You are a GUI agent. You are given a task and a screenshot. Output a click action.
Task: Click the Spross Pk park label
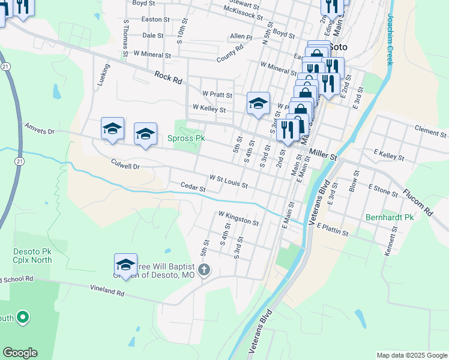186,138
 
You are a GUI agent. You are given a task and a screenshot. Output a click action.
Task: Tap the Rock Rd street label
167,77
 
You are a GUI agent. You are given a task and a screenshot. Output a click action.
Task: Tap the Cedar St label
193,188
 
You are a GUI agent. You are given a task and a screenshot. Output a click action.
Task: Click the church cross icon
204,269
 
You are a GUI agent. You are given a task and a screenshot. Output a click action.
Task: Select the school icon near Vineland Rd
125,264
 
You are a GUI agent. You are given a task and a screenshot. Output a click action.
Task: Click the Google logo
20,353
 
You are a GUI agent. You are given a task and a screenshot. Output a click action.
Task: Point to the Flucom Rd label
418,203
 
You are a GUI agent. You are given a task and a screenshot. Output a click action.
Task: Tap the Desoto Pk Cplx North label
32,256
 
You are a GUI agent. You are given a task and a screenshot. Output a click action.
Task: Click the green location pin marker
23,316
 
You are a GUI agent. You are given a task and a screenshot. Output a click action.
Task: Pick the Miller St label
325,156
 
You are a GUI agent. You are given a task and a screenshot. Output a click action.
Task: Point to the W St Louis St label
228,181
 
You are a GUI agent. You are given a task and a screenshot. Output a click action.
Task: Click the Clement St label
431,128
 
